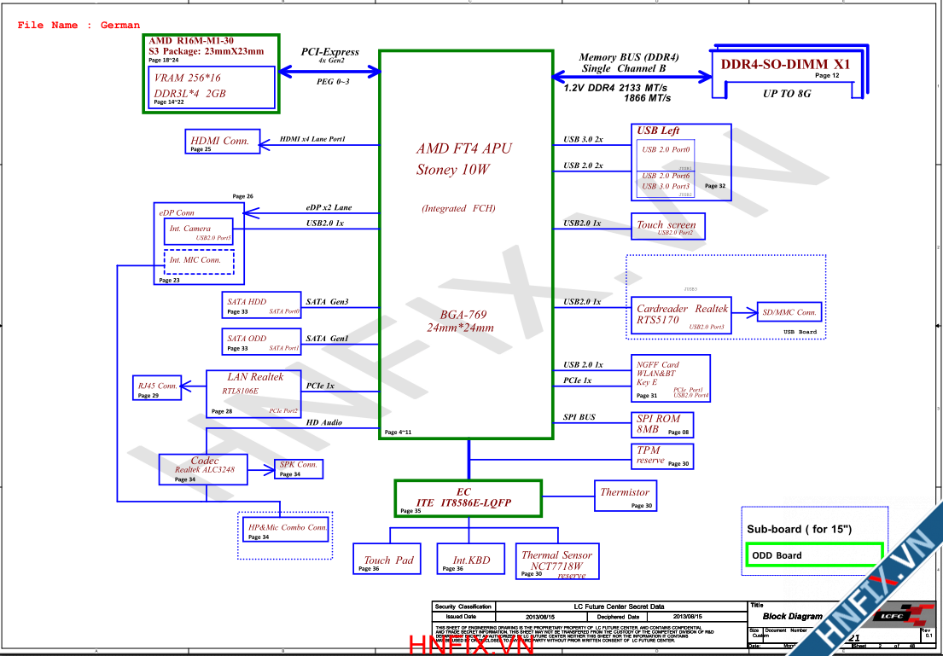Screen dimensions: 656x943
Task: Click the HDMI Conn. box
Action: click(x=221, y=142)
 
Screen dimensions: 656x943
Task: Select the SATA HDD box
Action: click(x=261, y=305)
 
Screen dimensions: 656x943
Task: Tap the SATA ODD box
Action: click(x=261, y=341)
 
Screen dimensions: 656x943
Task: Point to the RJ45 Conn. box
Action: click(x=157, y=388)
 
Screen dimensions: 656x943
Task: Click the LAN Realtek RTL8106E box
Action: click(x=254, y=393)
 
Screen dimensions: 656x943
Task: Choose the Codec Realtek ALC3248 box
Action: click(x=204, y=469)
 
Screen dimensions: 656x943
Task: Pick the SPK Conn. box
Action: click(x=298, y=468)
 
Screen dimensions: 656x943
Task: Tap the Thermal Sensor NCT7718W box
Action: click(x=557, y=560)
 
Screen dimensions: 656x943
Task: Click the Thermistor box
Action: click(x=625, y=496)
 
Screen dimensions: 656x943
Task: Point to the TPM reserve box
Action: click(x=661, y=456)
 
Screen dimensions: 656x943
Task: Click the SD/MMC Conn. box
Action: click(x=790, y=312)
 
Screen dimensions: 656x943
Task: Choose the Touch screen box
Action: click(x=667, y=226)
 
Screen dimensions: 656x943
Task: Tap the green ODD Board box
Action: click(x=813, y=555)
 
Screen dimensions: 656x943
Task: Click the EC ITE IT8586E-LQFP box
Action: click(x=468, y=498)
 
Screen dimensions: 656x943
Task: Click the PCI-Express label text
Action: click(x=330, y=52)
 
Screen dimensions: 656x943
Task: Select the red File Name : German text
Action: click(x=79, y=26)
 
